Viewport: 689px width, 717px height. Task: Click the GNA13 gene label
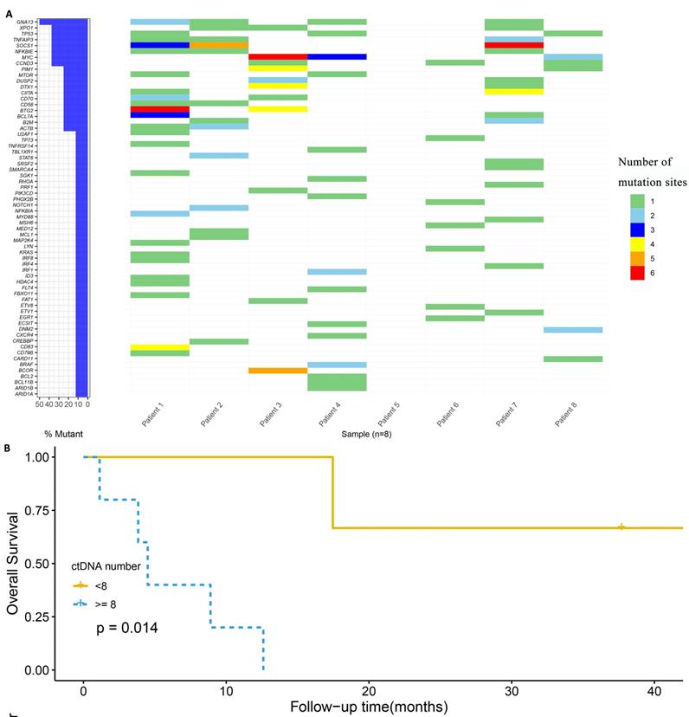pos(24,22)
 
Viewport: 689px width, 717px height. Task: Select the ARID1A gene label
pos(23,393)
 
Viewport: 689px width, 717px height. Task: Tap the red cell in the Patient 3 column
pos(278,56)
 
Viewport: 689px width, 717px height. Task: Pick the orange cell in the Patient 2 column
pos(219,45)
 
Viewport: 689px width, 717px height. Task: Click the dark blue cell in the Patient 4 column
pos(337,56)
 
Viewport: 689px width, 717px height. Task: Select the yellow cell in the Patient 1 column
pos(160,346)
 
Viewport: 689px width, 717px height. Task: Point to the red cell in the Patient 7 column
pos(514,45)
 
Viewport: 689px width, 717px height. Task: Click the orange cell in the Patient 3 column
pos(278,370)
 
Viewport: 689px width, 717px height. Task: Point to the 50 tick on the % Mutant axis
pos(39,404)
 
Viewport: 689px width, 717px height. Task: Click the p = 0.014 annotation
pos(126,627)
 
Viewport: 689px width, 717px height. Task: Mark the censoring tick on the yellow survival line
pos(621,526)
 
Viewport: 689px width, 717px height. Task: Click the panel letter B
pos(8,449)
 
